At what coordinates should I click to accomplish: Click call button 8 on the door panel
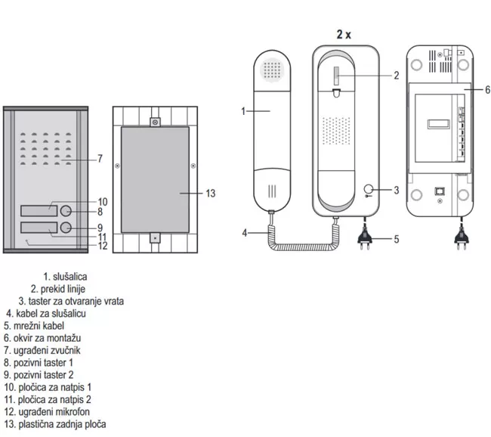[x=66, y=211]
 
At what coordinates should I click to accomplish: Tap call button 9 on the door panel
[x=66, y=228]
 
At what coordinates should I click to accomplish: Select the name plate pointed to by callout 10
[x=39, y=211]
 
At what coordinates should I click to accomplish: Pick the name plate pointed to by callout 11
[x=39, y=228]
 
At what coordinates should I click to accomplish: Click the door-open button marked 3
[x=369, y=189]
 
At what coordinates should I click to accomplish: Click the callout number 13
[x=211, y=194]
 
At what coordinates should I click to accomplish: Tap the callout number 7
[x=100, y=159]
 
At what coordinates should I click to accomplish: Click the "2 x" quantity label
[x=344, y=34]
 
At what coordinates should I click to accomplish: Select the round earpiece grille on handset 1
[x=272, y=70]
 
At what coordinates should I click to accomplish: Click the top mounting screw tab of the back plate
[x=155, y=122]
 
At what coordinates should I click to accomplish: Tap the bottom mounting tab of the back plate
[x=155, y=238]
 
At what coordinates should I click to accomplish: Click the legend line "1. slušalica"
[x=65, y=277]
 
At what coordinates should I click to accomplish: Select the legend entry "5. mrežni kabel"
[x=34, y=326]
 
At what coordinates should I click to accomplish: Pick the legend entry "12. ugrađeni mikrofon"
[x=47, y=411]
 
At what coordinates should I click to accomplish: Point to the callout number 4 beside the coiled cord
[x=245, y=233]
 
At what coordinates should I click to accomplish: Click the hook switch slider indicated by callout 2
[x=336, y=76]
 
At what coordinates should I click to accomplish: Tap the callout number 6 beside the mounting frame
[x=487, y=90]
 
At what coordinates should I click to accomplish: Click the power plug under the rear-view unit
[x=462, y=239]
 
